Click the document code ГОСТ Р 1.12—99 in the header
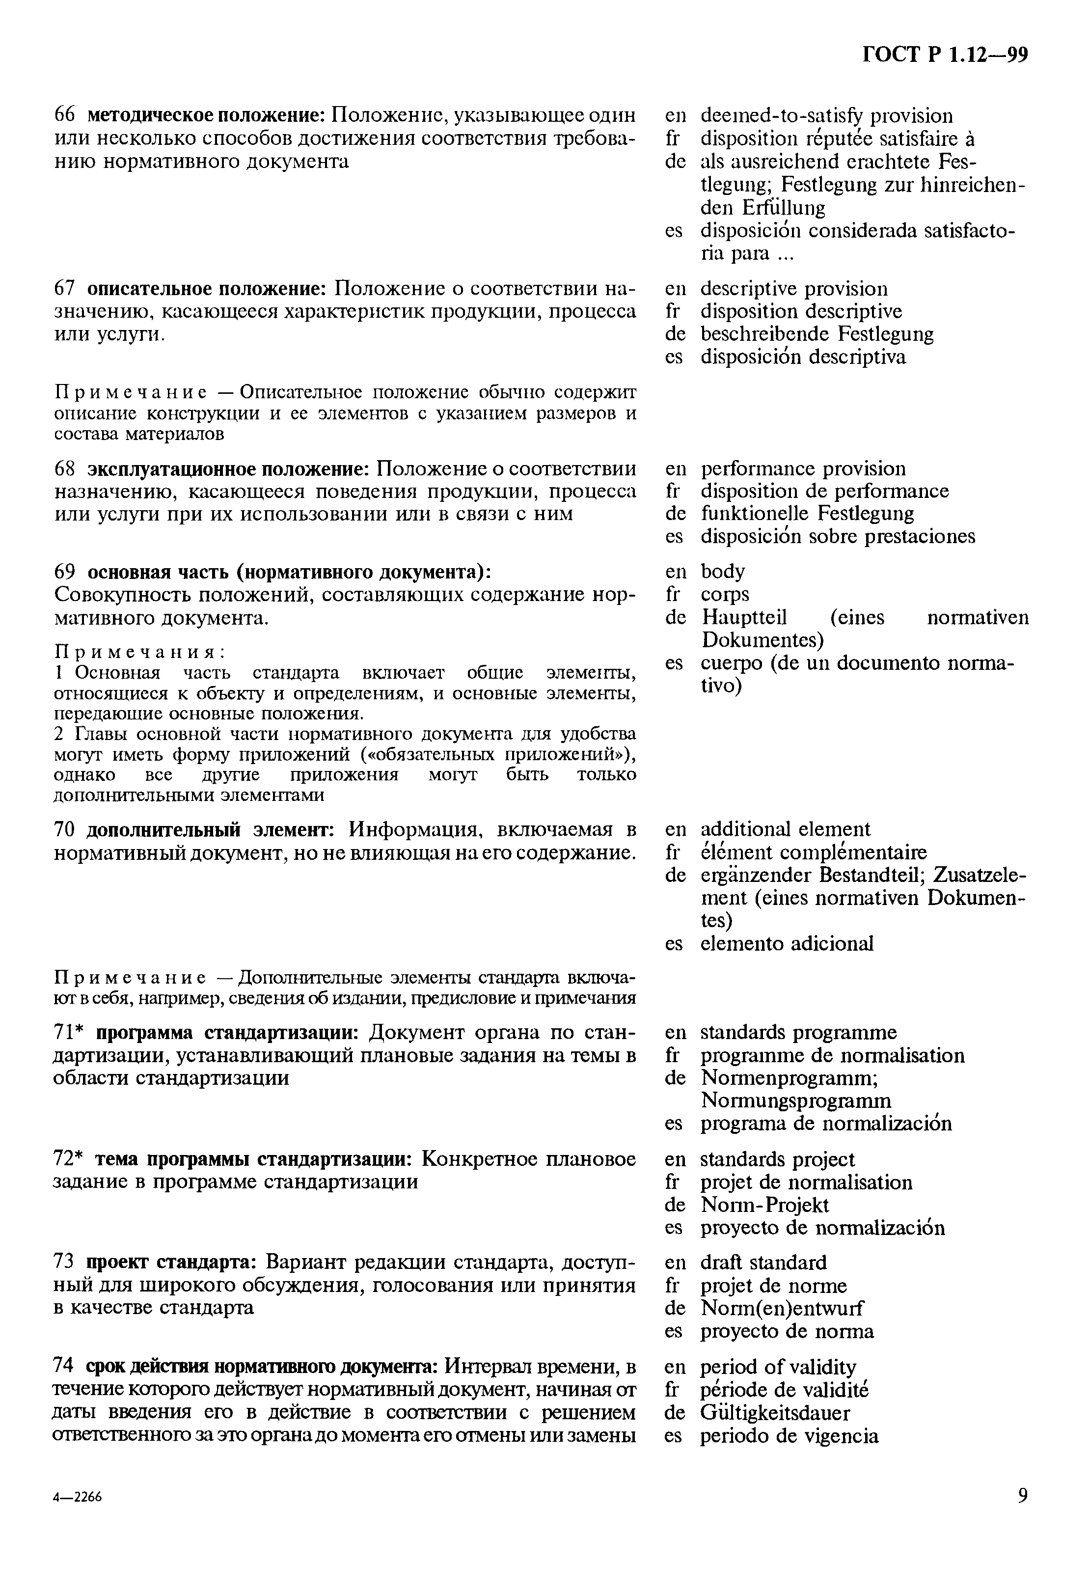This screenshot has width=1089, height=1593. point(945,55)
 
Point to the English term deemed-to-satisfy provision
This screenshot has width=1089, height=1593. point(826,116)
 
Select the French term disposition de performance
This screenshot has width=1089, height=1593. point(824,491)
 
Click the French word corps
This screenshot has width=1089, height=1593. point(724,594)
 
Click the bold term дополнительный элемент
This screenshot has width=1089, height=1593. point(210,829)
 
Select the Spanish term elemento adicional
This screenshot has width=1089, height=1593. point(786,943)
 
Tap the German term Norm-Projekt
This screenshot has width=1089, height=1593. point(764,1205)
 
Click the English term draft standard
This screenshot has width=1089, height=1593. point(763,1262)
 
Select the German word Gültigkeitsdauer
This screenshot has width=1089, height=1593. point(774,1413)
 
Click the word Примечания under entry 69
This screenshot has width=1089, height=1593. point(140,651)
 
